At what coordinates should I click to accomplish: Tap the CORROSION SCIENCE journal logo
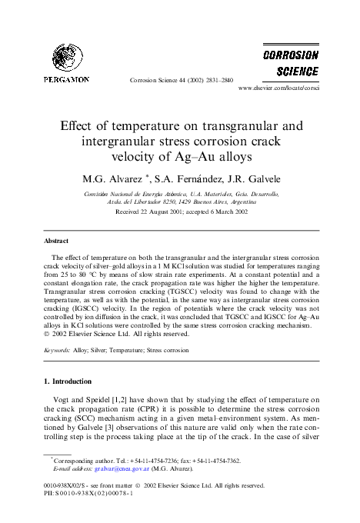point(291,65)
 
